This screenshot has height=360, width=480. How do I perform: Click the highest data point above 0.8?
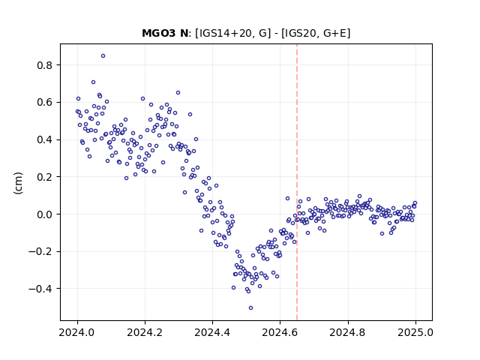tap(103, 56)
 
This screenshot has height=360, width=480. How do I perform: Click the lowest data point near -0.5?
tap(250, 308)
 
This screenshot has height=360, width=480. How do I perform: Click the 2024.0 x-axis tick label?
tap(77, 332)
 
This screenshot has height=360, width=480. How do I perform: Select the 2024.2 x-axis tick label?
tap(145, 332)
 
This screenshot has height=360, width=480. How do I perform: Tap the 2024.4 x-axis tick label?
tap(212, 332)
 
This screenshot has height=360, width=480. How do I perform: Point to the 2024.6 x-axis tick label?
tap(280, 332)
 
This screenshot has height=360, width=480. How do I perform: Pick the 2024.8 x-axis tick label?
tap(348, 332)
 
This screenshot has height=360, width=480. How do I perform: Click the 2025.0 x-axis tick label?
tap(415, 332)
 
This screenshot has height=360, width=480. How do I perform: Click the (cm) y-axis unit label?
tap(18, 183)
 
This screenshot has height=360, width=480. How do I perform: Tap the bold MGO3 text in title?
tap(157, 33)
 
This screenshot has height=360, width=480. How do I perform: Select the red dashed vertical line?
tap(297, 182)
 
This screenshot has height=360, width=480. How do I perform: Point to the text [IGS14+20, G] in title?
tap(233, 33)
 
